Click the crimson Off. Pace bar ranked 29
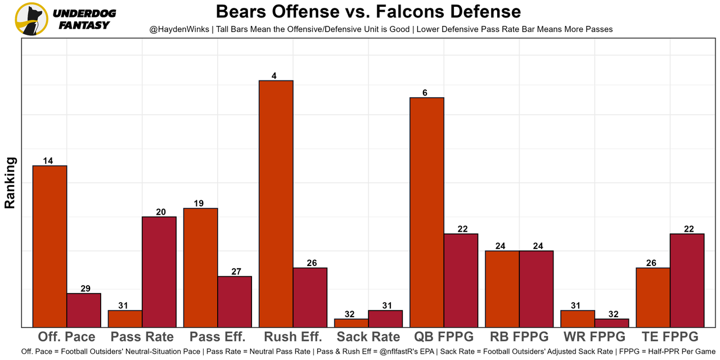(84, 310)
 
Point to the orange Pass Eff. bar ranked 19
(200, 268)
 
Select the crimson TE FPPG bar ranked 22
(687, 280)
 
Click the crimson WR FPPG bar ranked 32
(611, 323)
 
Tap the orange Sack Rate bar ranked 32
(351, 323)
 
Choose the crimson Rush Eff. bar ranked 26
(310, 297)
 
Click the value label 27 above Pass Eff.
(236, 272)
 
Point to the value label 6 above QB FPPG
(425, 93)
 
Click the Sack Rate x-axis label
(368, 337)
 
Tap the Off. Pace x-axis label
(66, 337)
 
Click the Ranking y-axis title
(10, 183)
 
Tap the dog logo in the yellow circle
(31, 19)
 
